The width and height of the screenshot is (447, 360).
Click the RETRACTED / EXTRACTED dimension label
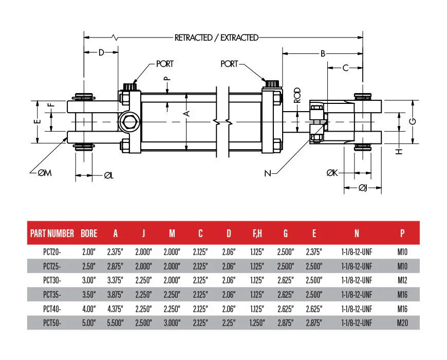point(216,38)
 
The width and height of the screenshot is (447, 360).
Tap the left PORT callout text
point(164,64)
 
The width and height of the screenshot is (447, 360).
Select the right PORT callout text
point(229,64)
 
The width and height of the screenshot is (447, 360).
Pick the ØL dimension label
point(108,175)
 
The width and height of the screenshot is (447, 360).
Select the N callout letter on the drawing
point(267,173)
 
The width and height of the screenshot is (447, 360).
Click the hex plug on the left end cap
point(127,122)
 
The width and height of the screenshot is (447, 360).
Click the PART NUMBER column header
point(52,233)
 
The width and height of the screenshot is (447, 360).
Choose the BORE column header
point(89,233)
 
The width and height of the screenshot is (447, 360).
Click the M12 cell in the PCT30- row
point(402,281)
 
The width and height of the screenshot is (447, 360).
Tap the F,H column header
point(257,233)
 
